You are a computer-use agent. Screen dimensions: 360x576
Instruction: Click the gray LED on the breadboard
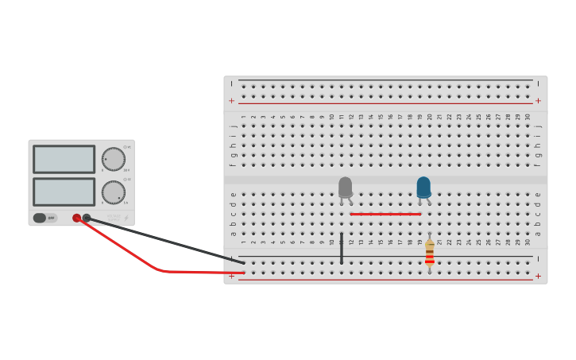point(345,188)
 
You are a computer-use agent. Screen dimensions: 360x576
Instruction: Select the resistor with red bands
point(430,253)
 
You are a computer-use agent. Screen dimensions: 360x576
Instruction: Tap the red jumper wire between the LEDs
point(385,214)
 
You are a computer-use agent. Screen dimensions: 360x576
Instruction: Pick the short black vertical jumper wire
point(342,248)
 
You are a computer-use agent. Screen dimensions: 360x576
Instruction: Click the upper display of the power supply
point(64,159)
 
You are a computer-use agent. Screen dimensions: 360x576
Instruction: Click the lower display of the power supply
point(64,192)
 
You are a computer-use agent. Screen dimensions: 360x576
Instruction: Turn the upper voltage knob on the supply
point(114,159)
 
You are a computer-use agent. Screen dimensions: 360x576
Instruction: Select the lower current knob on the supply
point(114,192)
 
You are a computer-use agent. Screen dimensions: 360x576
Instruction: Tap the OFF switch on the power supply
point(44,218)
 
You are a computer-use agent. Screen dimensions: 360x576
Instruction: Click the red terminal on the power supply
point(77,218)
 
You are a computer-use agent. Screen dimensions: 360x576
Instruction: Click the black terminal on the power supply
point(87,218)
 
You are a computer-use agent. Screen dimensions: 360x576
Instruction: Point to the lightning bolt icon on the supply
point(126,218)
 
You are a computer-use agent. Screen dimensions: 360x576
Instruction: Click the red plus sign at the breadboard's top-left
point(231,101)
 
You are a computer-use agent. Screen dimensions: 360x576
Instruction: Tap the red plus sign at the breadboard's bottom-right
point(538,277)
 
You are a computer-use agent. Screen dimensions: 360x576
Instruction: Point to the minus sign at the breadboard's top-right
point(538,83)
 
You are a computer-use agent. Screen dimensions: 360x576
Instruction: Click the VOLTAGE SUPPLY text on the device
point(114,217)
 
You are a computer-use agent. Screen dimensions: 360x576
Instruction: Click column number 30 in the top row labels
point(528,117)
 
